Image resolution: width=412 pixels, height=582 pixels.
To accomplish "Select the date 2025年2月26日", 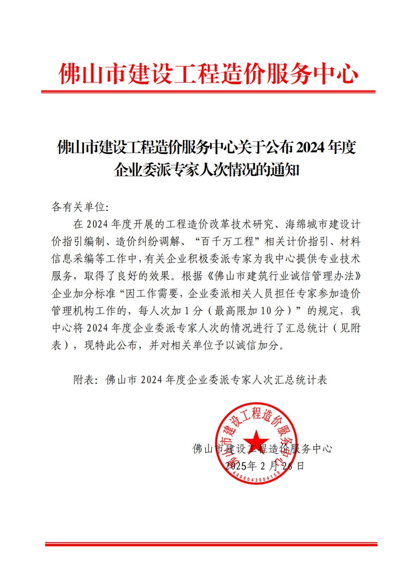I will click(x=265, y=466).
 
